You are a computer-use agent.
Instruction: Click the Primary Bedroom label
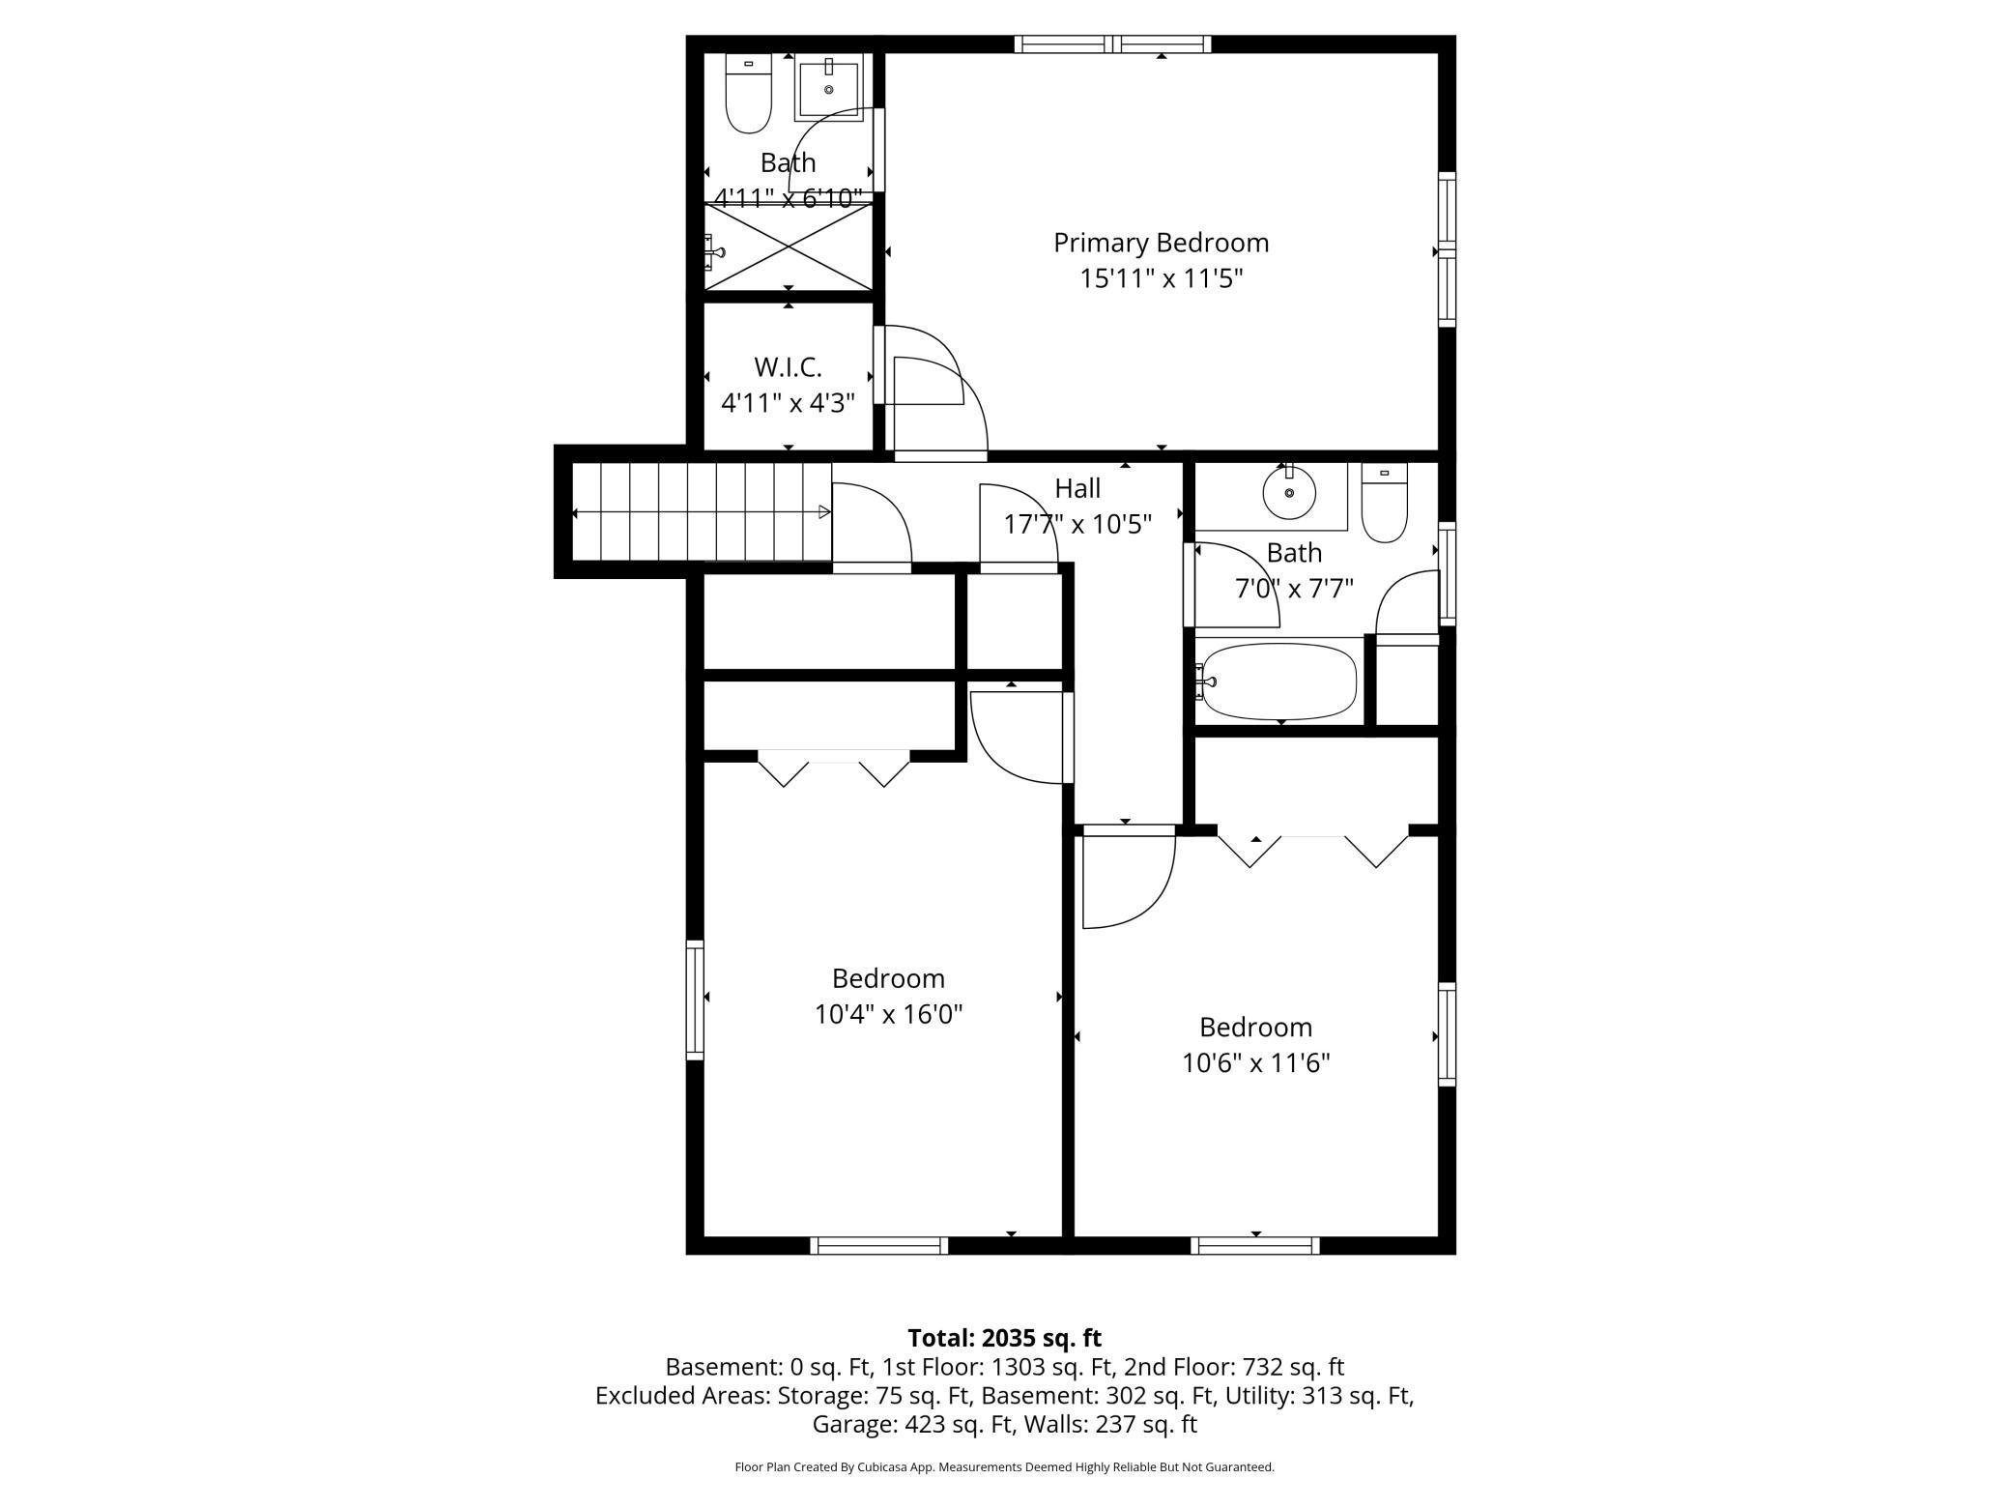click(x=1161, y=243)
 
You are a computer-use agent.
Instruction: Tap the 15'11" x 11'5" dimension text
click(x=1161, y=279)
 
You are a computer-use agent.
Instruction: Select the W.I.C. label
click(x=788, y=367)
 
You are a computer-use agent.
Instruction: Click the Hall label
click(x=1077, y=488)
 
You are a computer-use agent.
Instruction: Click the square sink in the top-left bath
click(x=828, y=87)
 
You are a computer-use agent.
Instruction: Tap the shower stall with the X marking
click(x=789, y=246)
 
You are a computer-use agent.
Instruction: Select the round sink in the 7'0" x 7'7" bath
click(x=1289, y=492)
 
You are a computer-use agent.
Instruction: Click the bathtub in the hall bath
click(x=1278, y=681)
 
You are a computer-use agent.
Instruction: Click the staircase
click(x=702, y=511)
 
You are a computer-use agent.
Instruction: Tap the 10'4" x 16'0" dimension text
click(x=888, y=1014)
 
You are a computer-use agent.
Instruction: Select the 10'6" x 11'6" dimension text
click(x=1256, y=1062)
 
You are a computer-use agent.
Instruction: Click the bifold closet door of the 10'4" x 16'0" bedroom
click(x=834, y=768)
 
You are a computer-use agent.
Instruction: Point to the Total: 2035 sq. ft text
click(x=1005, y=1338)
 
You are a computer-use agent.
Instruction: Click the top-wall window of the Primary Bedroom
click(x=1113, y=43)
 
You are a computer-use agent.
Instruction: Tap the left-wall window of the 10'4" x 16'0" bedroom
click(x=695, y=1000)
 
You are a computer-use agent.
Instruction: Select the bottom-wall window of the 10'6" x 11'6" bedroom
click(x=1255, y=1246)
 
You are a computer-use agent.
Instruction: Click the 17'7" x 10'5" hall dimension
click(x=1077, y=525)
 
